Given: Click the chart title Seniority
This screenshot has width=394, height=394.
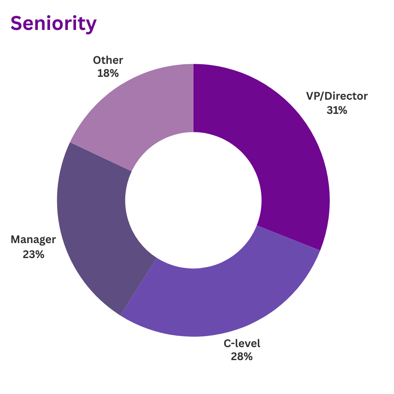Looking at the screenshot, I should coord(53,24).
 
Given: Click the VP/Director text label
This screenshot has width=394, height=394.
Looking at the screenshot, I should coord(337,96).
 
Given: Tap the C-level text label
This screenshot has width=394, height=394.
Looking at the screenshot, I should coord(242,343).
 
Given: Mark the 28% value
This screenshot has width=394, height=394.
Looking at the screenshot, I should coord(242,357).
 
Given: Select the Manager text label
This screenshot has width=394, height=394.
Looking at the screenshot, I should coord(33,240).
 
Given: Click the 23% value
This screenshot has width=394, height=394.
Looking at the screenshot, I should coord(33,254).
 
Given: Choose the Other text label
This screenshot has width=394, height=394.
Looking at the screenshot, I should coord(108,60).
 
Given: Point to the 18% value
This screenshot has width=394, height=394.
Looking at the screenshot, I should coord(108,73).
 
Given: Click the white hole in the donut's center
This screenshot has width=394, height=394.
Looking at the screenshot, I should coord(193,200).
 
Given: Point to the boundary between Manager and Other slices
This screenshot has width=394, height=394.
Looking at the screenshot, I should coord(100,156).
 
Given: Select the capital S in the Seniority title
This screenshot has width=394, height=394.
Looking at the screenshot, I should coord(17,24).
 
